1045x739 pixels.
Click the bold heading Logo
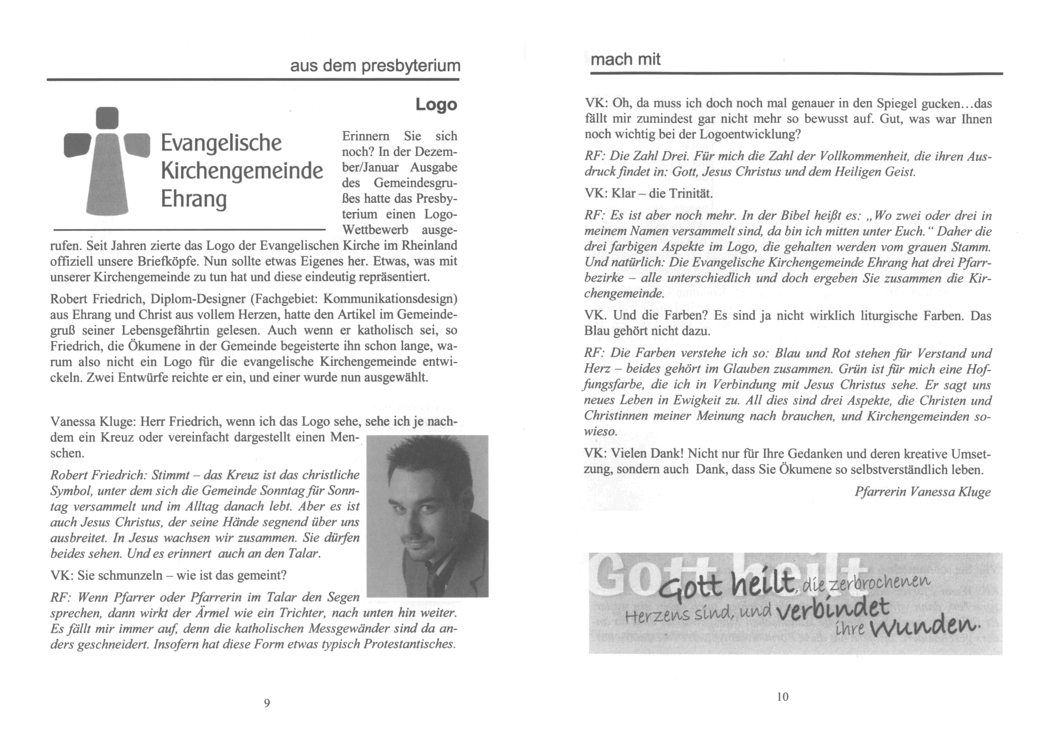point(436,104)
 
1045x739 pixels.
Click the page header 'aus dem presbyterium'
point(375,66)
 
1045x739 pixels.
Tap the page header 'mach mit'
point(625,59)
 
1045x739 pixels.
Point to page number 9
point(267,703)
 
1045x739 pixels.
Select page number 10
point(782,697)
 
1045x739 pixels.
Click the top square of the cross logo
point(108,118)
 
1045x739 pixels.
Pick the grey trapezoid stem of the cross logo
point(107,182)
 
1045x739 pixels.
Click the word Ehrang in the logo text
point(193,199)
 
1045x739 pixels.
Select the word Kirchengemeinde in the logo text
point(242,171)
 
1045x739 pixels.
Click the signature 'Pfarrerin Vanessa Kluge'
point(923,492)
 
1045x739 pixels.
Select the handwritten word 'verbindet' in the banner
point(833,609)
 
